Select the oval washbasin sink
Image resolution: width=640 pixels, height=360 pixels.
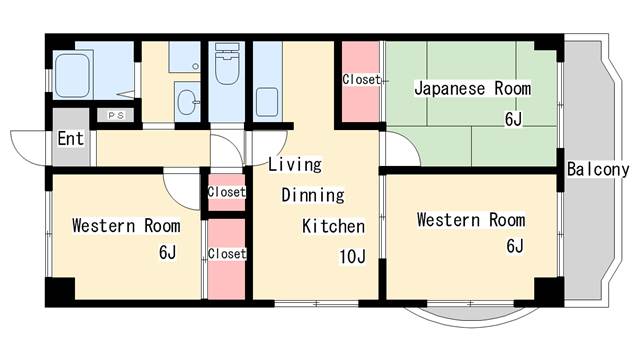coord(186,100)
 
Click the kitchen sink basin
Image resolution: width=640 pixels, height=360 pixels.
coord(267,102)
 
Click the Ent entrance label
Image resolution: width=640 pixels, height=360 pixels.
coord(70,139)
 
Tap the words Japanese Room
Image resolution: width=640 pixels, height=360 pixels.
coord(473,89)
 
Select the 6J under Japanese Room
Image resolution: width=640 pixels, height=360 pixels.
coord(514,120)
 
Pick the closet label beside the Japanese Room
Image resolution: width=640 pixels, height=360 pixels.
coord(361,79)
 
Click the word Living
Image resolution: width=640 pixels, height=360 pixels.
coord(294,164)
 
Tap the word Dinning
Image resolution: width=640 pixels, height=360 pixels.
coord(312,195)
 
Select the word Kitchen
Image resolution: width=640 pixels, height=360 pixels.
coord(333,226)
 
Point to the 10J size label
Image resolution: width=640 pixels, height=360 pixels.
coord(352,257)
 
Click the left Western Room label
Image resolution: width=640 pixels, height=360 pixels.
coord(126,225)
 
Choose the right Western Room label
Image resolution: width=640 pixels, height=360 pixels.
coord(471,219)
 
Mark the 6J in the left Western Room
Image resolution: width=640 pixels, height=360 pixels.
coord(167,252)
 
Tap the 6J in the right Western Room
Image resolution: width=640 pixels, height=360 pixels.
coord(514,246)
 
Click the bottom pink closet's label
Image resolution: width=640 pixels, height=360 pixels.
coord(227,253)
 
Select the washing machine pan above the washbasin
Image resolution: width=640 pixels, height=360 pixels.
coord(183,57)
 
